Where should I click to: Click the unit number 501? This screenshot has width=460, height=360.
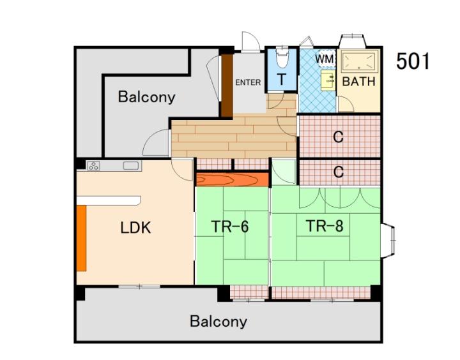pyautogui.click(x=413, y=61)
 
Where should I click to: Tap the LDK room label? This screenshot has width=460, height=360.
pyautogui.click(x=135, y=227)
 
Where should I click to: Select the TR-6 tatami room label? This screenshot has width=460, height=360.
pyautogui.click(x=230, y=227)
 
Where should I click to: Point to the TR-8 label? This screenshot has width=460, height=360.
pyautogui.click(x=325, y=226)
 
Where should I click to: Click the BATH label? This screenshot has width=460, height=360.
pyautogui.click(x=359, y=81)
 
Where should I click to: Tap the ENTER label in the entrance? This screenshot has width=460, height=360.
pyautogui.click(x=248, y=82)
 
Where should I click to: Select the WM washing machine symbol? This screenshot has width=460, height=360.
pyautogui.click(x=325, y=59)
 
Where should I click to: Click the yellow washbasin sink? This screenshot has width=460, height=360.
pyautogui.click(x=328, y=80)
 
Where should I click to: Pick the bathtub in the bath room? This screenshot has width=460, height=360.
pyautogui.click(x=359, y=61)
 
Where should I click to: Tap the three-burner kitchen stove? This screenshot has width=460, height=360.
pyautogui.click(x=93, y=165)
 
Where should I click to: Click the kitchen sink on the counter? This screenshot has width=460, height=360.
pyautogui.click(x=130, y=165)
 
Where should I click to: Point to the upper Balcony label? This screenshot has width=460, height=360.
pyautogui.click(x=146, y=97)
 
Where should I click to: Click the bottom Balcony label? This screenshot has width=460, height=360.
pyautogui.click(x=218, y=321)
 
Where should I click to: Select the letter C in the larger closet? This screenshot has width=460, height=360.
pyautogui.click(x=338, y=137)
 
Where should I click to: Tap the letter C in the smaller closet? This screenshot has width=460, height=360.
pyautogui.click(x=338, y=172)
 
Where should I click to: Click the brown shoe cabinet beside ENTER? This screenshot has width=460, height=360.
pyautogui.click(x=226, y=86)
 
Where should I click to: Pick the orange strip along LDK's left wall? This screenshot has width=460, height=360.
pyautogui.click(x=82, y=238)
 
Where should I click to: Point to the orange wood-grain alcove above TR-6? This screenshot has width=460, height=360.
pyautogui.click(x=233, y=179)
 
